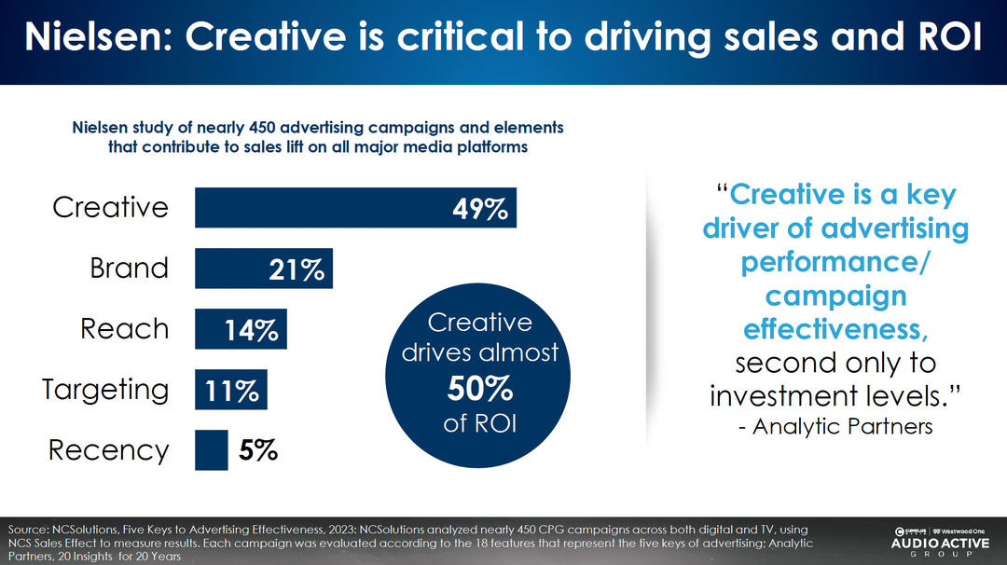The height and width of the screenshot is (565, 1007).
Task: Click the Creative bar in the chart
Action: [x=354, y=207]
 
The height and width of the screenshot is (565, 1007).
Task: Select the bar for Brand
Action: [x=263, y=269]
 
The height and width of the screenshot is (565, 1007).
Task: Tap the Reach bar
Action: [x=241, y=329]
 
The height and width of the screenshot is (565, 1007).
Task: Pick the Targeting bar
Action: [x=230, y=390]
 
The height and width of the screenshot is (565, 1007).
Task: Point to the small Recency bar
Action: [x=211, y=450]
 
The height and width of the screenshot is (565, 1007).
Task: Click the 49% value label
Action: [x=479, y=209]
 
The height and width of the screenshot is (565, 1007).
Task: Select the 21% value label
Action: [x=297, y=269]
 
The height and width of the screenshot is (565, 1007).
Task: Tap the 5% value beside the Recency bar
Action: [x=258, y=451]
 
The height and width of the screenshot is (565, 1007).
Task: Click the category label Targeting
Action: [x=105, y=390]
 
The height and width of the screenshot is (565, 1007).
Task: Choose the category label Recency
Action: [x=109, y=451]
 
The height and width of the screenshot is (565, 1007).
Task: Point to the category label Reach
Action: [x=125, y=329]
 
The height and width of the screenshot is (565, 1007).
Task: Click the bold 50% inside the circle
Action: [x=479, y=388]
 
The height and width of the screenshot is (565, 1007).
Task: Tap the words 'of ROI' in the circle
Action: [x=479, y=422]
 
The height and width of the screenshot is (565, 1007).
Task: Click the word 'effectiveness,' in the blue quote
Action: [x=835, y=330]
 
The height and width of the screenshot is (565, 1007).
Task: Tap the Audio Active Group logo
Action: [x=941, y=541]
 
